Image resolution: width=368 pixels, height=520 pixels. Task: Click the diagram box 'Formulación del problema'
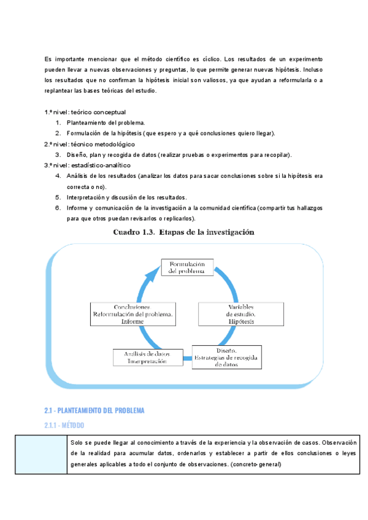click(187, 267)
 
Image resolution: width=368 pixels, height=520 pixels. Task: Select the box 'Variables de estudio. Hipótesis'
click(241, 313)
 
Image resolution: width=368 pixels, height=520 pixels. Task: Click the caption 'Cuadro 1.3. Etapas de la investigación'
click(183, 232)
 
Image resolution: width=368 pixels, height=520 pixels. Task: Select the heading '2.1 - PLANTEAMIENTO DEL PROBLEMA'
click(94, 410)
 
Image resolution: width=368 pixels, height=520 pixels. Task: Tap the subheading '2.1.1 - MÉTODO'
click(64, 425)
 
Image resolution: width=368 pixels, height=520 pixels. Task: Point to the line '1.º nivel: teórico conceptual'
click(85, 112)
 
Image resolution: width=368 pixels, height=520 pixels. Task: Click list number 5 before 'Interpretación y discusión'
click(58, 197)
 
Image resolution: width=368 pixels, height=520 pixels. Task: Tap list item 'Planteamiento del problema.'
click(106, 123)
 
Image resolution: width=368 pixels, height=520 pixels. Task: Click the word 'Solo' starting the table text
click(77, 442)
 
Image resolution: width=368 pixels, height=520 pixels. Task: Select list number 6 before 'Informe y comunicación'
click(58, 208)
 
